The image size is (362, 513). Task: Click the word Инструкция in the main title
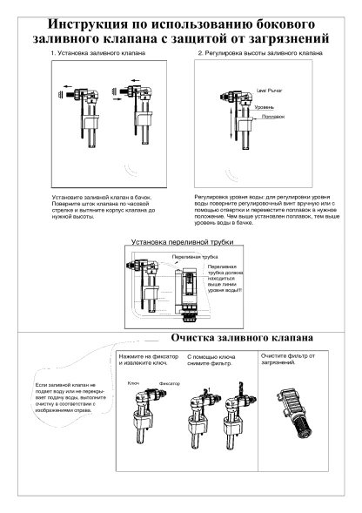(x=87, y=24)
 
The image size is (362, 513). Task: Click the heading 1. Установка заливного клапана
(x=98, y=53)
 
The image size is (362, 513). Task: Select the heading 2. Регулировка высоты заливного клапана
(x=260, y=53)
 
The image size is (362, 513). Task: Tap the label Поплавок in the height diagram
(x=273, y=117)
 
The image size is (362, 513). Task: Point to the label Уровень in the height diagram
(x=265, y=107)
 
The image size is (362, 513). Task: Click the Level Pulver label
(x=269, y=91)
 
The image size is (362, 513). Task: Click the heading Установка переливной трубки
(x=183, y=242)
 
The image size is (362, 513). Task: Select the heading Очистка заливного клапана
(x=242, y=338)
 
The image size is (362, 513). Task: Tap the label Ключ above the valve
(x=133, y=383)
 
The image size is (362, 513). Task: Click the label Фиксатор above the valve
(x=170, y=383)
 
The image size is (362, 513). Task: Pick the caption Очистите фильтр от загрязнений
(x=288, y=359)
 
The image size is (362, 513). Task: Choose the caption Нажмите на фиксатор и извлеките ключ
(x=149, y=360)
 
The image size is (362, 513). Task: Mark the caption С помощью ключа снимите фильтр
(x=211, y=360)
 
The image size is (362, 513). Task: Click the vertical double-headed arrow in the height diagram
(x=231, y=125)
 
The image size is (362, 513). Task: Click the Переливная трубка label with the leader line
(x=195, y=257)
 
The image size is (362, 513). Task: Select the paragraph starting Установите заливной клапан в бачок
(x=104, y=206)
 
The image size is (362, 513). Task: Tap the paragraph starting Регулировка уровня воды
(x=267, y=210)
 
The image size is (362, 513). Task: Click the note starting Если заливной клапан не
(x=70, y=397)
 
